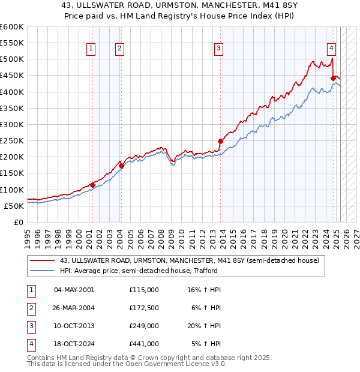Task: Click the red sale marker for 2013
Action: (220, 141)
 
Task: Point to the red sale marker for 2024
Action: (333, 78)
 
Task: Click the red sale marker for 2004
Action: (121, 166)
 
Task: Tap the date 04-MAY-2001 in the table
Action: (74, 290)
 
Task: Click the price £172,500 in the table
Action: (144, 308)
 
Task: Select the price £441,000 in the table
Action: (144, 344)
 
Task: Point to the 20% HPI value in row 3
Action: (205, 326)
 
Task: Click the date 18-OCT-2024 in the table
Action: (74, 344)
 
